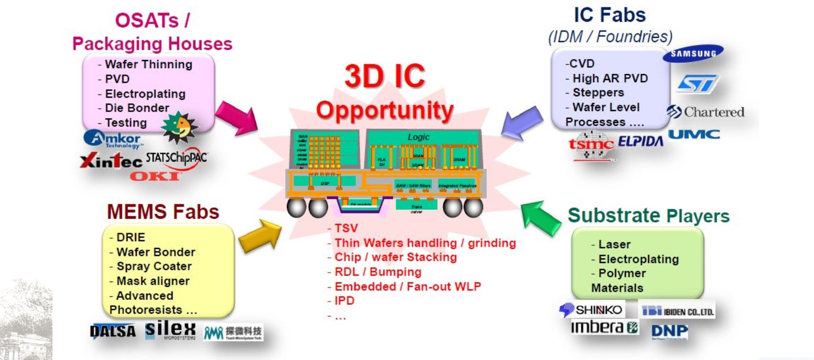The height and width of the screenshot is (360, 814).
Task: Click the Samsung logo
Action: click(693, 53)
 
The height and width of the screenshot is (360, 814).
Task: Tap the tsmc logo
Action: click(591, 145)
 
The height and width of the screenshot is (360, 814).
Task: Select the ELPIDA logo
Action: click(641, 141)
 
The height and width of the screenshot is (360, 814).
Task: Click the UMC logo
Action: click(694, 135)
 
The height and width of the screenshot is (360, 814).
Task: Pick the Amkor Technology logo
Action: click(113, 139)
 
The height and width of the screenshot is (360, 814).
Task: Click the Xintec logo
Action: click(111, 161)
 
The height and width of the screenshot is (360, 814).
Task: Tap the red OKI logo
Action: click(155, 177)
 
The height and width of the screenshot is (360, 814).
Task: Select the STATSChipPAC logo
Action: click(176, 158)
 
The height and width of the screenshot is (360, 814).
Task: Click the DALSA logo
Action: click(113, 331)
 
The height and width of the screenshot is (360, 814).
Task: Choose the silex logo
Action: click(170, 330)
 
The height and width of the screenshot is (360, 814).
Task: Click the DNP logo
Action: click(669, 331)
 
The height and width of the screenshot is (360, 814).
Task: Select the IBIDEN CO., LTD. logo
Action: click(677, 311)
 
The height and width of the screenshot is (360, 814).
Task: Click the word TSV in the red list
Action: click(346, 228)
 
